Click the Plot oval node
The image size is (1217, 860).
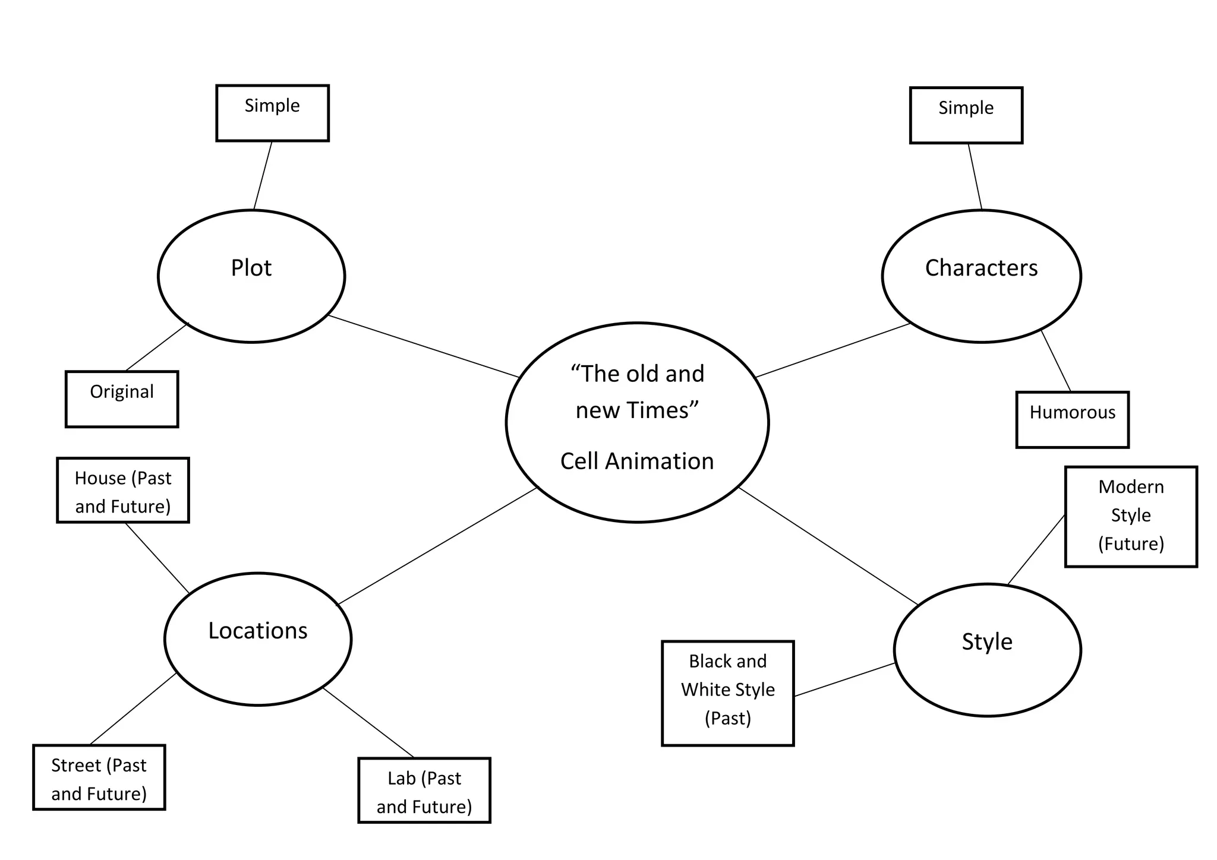click(x=251, y=276)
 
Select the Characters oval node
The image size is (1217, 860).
click(x=981, y=276)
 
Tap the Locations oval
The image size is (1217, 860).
click(x=258, y=639)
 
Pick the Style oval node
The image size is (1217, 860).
click(x=987, y=650)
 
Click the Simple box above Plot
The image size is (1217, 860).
click(x=272, y=113)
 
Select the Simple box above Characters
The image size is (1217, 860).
click(x=966, y=115)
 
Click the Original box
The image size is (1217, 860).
click(x=122, y=399)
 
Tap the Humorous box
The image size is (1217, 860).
click(x=1072, y=419)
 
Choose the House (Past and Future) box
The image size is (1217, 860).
click(x=123, y=490)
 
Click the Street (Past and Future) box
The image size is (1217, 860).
click(x=99, y=777)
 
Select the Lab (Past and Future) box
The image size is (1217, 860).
click(x=424, y=790)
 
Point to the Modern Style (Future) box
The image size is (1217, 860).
click(x=1131, y=517)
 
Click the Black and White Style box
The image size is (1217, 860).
click(x=727, y=693)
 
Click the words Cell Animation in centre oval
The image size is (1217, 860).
click(x=637, y=461)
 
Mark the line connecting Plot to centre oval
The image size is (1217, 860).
click(x=424, y=346)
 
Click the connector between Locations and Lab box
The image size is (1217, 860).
click(x=368, y=723)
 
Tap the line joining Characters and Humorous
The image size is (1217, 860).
click(x=1056, y=361)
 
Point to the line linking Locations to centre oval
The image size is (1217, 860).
click(x=437, y=546)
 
